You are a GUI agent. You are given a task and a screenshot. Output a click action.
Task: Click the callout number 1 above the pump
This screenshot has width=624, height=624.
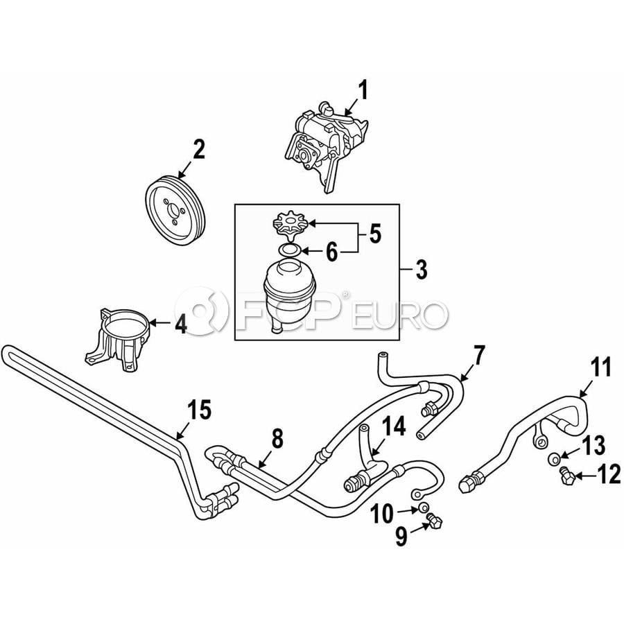pos(363,90)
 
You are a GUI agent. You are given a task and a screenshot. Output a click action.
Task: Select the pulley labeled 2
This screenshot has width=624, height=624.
pos(175,211)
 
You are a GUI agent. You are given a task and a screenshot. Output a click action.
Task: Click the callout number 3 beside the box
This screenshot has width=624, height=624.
pos(421,270)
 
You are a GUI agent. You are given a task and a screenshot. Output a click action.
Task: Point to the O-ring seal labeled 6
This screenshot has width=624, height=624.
pos(288,250)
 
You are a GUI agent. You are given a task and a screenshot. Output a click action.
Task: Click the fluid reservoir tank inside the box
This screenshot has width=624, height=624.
pos(289,295)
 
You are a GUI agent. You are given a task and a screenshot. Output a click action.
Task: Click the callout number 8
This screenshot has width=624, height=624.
pos(277,439)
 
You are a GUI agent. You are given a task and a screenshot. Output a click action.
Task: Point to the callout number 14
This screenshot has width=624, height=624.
pos(394,426)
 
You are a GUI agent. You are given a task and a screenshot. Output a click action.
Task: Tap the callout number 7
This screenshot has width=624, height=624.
pos(478,356)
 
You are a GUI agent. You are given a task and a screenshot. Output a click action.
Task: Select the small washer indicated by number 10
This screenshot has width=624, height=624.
pos(424,508)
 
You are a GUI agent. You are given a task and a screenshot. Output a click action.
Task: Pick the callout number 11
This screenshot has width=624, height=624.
pos(600,367)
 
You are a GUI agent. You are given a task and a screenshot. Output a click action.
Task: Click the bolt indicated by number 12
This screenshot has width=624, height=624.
pos(566,476)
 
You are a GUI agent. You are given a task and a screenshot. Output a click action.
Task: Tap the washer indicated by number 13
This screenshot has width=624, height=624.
pos(553,459)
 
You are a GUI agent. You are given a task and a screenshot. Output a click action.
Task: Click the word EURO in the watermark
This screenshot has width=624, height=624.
pos(400,315)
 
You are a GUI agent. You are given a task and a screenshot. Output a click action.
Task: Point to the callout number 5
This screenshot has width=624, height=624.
pos(375,234)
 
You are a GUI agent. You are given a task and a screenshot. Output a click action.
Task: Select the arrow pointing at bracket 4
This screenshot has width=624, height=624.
pos(160,322)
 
